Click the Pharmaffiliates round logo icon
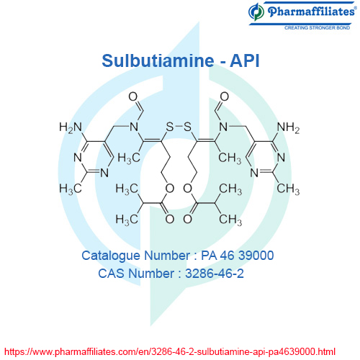click(256, 12)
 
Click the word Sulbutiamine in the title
click(158, 60)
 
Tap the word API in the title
click(245, 60)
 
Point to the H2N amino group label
click(71, 127)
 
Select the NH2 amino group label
click(288, 127)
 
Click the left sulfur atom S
click(170, 127)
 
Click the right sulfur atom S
click(187, 127)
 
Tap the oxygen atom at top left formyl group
click(133, 96)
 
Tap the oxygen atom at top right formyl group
click(224, 96)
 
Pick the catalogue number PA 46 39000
click(237, 256)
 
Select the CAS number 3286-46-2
click(215, 274)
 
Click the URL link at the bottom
click(170, 352)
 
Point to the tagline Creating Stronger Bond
click(317, 28)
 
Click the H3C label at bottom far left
click(71, 189)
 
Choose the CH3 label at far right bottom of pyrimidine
click(288, 189)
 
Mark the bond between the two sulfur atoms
click(179, 127)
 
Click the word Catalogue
click(111, 256)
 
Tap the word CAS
click(111, 274)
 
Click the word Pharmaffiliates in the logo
click(311, 12)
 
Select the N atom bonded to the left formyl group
click(134, 127)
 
